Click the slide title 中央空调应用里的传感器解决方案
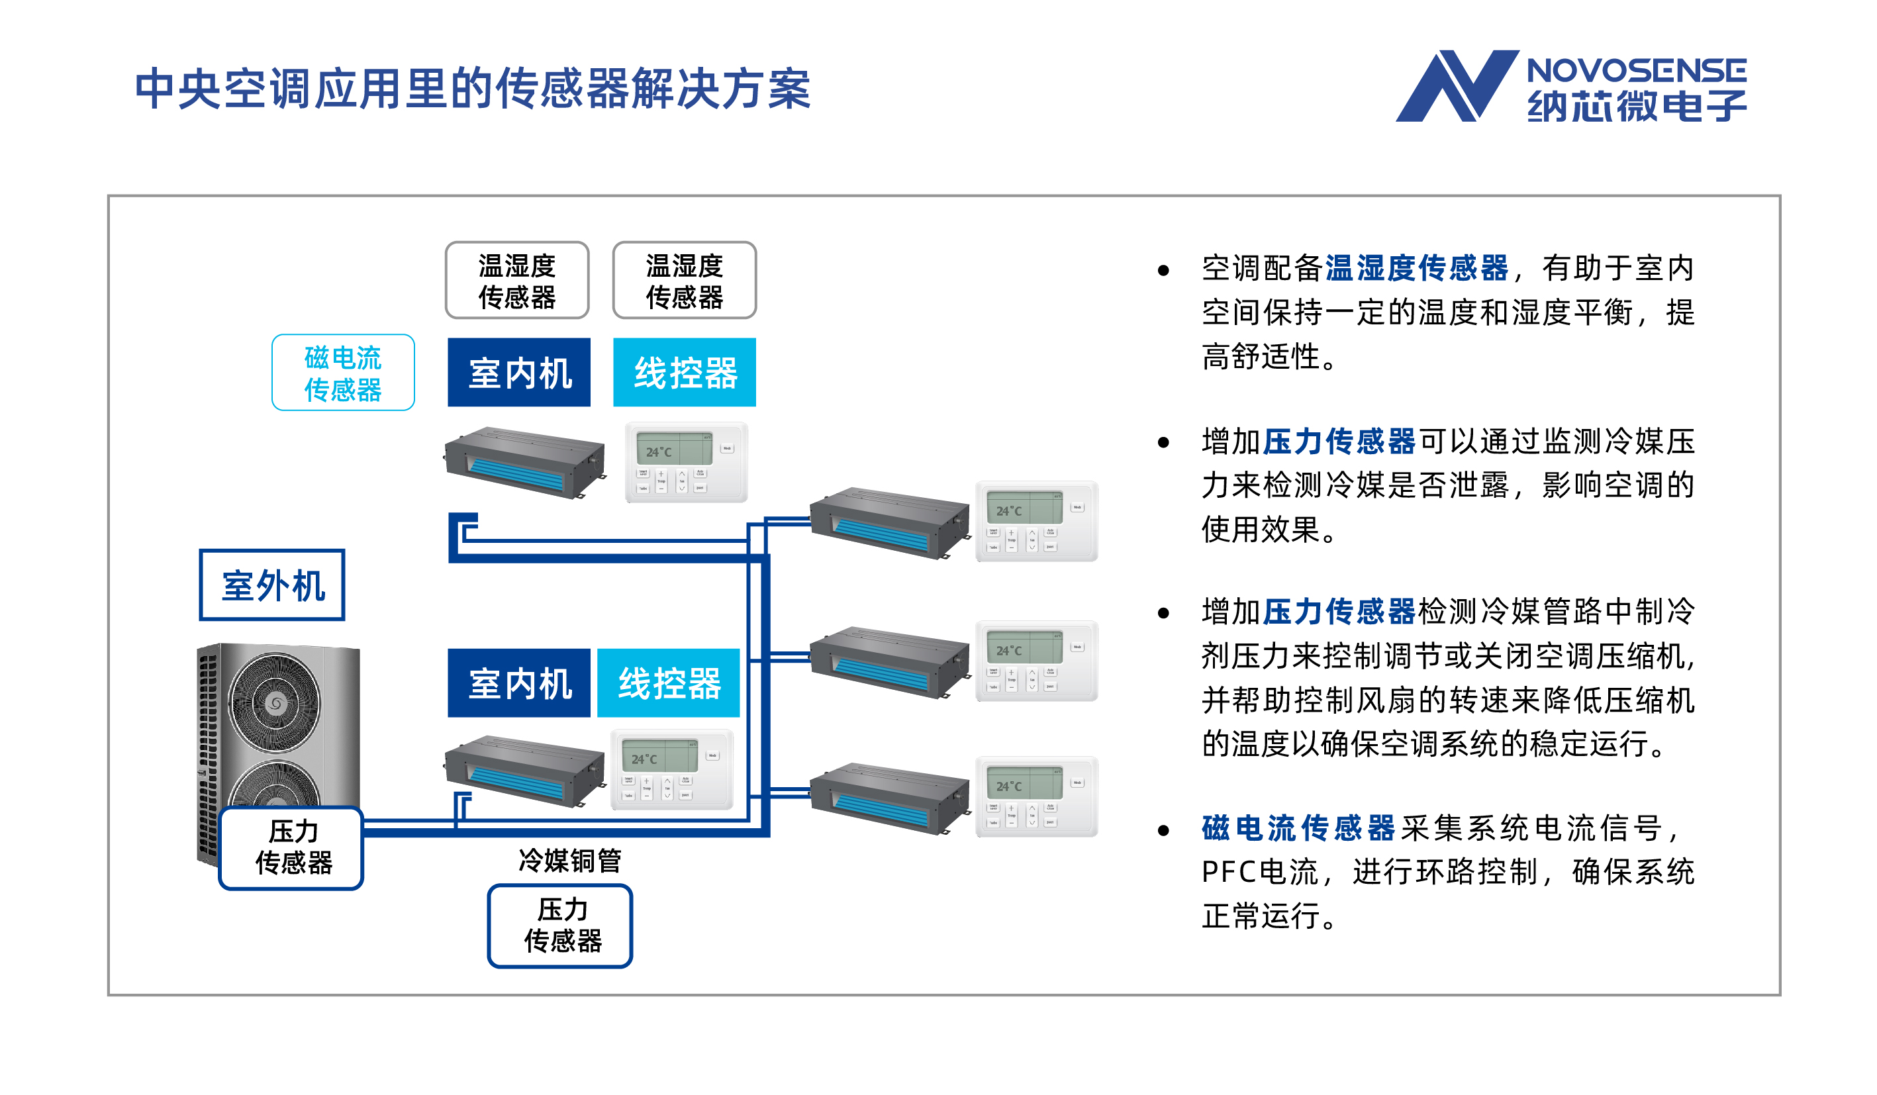[472, 89]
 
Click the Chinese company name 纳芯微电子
[1637, 106]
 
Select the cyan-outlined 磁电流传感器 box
[343, 373]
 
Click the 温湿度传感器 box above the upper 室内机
[517, 280]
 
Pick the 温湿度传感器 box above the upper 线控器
[684, 280]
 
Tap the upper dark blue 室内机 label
[518, 373]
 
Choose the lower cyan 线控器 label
[668, 683]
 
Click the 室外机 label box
[272, 585]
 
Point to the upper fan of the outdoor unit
[275, 702]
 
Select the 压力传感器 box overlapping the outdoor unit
[292, 847]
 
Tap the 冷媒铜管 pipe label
[569, 861]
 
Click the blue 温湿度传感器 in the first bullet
[1416, 268]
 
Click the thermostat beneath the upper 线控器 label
[685, 462]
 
